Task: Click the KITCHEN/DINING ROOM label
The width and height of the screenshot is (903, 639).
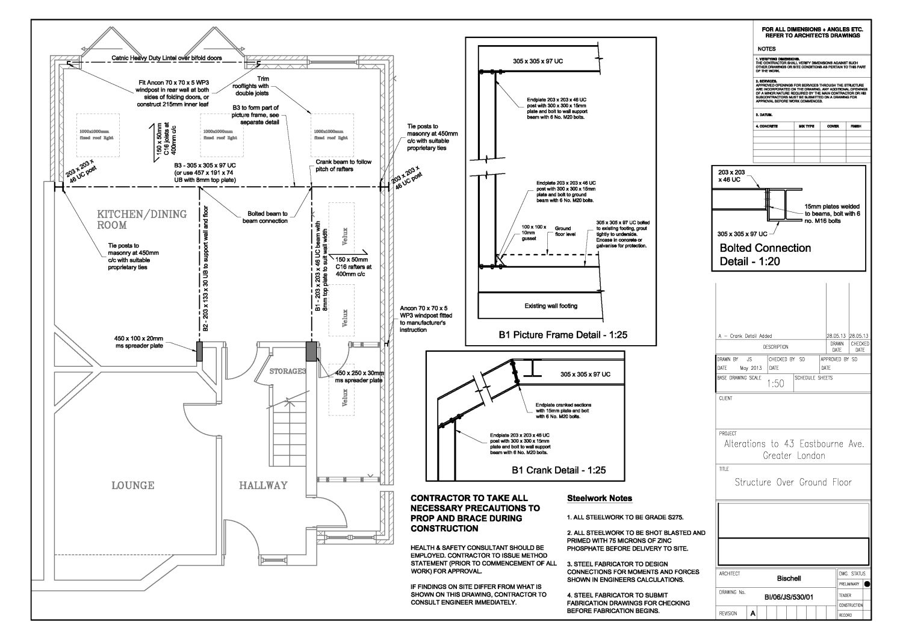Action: click(142, 219)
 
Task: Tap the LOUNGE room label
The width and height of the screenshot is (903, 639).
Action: click(132, 485)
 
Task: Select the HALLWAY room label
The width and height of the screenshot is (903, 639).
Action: click(263, 485)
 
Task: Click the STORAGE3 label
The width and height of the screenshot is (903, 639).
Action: click(287, 371)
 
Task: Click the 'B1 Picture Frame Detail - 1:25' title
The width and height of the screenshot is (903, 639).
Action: click(562, 335)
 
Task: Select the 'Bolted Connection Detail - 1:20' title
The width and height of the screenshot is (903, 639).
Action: click(765, 255)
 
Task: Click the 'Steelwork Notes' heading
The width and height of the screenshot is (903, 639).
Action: click(600, 498)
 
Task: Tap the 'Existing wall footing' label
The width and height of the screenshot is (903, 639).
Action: click(550, 306)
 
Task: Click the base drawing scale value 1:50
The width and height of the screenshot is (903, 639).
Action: click(776, 384)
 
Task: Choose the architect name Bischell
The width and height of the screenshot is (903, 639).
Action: click(789, 579)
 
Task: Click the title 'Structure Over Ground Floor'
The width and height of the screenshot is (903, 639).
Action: click(793, 482)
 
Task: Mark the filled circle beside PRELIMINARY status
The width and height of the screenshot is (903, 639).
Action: click(866, 584)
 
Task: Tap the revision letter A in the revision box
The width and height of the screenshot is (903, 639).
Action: click(752, 614)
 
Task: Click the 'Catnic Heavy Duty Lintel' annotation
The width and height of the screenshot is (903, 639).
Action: click(167, 58)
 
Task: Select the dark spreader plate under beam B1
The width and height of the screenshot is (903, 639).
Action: click(311, 351)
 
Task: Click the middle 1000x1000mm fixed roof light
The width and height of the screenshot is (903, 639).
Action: click(220, 134)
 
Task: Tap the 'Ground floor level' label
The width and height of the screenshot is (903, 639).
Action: click(563, 231)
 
